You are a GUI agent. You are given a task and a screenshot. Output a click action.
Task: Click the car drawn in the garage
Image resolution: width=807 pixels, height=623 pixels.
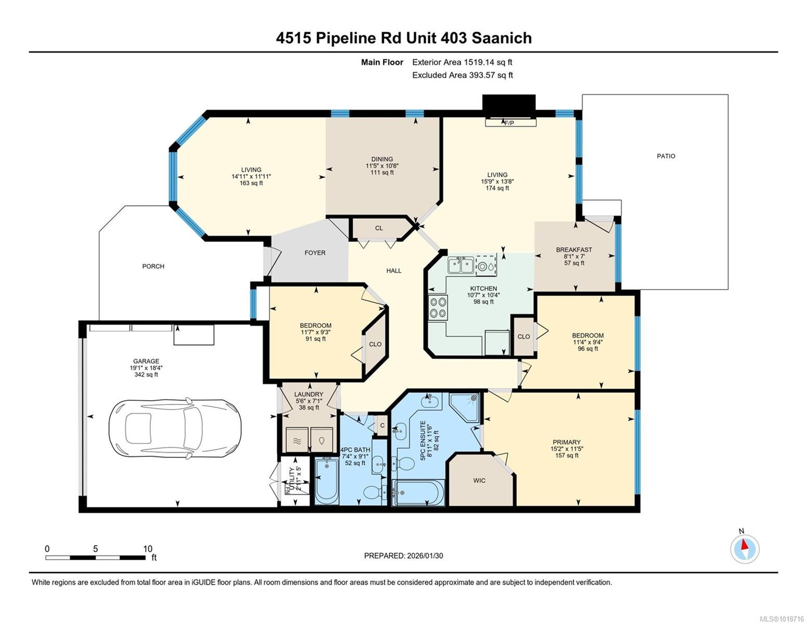(x=175, y=428)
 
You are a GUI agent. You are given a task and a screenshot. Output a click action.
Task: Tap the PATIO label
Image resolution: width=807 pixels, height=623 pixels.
(x=666, y=156)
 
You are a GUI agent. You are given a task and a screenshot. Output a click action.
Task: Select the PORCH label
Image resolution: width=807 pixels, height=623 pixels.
(x=153, y=266)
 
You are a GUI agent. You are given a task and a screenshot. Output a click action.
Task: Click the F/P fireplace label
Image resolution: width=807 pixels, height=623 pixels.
(x=509, y=123)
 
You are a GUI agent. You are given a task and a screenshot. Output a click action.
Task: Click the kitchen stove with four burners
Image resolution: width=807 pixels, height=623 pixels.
(x=438, y=307)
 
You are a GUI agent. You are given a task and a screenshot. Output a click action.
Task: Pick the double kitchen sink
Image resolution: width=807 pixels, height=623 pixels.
(x=460, y=266)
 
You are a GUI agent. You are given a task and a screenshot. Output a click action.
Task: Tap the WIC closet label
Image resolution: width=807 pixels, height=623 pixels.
(x=479, y=481)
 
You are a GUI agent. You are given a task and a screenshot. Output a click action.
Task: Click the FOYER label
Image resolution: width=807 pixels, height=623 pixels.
(x=315, y=253)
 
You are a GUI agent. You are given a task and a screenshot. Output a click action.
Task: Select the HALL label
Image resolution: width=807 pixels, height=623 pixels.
(x=394, y=270)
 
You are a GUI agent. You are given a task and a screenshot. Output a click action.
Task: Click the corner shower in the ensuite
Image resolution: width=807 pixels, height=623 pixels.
(x=464, y=408)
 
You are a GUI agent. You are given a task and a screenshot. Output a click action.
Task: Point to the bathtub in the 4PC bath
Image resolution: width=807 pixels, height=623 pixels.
(x=327, y=482)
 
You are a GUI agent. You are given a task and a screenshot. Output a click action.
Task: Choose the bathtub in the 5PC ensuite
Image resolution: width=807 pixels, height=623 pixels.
(x=418, y=493)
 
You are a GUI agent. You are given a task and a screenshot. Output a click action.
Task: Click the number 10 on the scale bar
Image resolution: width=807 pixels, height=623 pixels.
(x=148, y=549)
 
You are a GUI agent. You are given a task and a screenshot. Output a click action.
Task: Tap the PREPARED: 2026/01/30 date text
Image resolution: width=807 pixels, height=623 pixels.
(x=403, y=556)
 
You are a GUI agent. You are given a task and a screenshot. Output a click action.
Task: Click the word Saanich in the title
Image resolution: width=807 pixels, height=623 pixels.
(x=502, y=38)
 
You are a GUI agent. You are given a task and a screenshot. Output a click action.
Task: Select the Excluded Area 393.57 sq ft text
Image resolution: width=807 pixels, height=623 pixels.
(x=462, y=75)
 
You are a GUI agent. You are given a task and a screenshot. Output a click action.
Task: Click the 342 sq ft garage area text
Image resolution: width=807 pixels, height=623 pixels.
(x=146, y=374)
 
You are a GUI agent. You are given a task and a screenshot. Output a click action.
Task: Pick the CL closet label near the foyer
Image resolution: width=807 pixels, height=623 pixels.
(x=378, y=228)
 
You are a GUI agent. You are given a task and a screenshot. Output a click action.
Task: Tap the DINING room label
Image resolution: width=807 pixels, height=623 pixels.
(x=382, y=159)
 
